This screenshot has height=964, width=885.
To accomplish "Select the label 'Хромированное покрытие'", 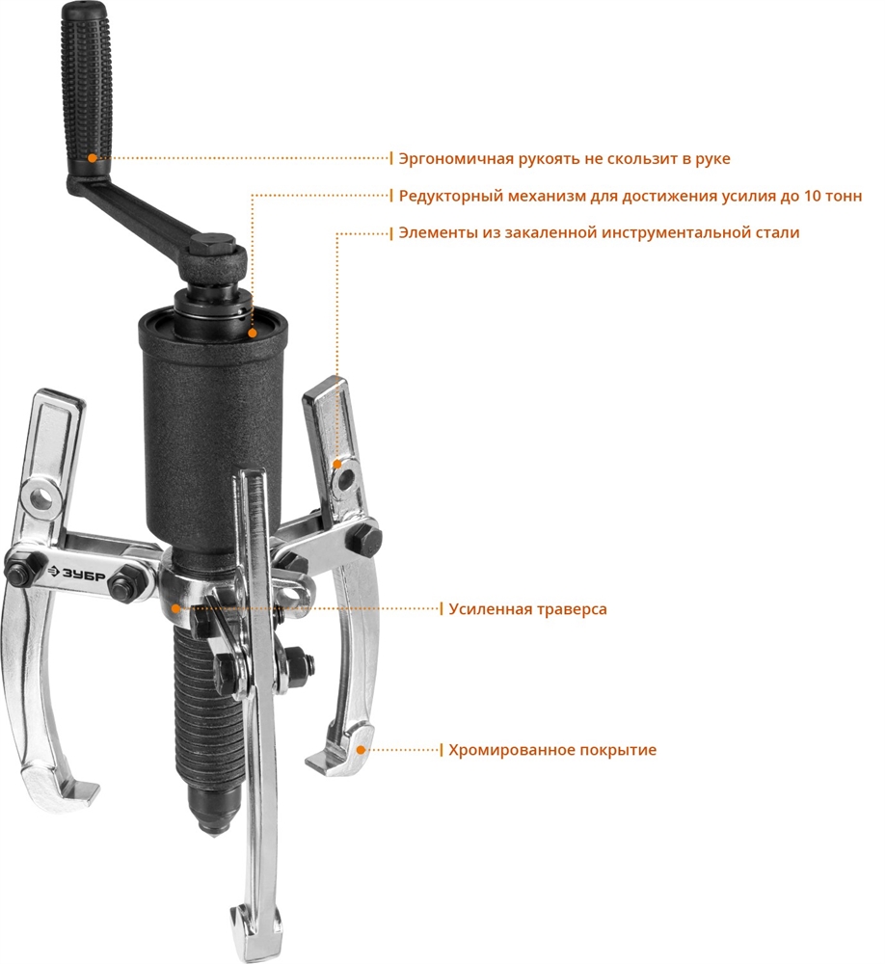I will (x=546, y=749).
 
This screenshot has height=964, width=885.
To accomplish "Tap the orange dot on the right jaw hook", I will (x=361, y=749).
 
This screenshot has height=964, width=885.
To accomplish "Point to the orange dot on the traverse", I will (x=175, y=608).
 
